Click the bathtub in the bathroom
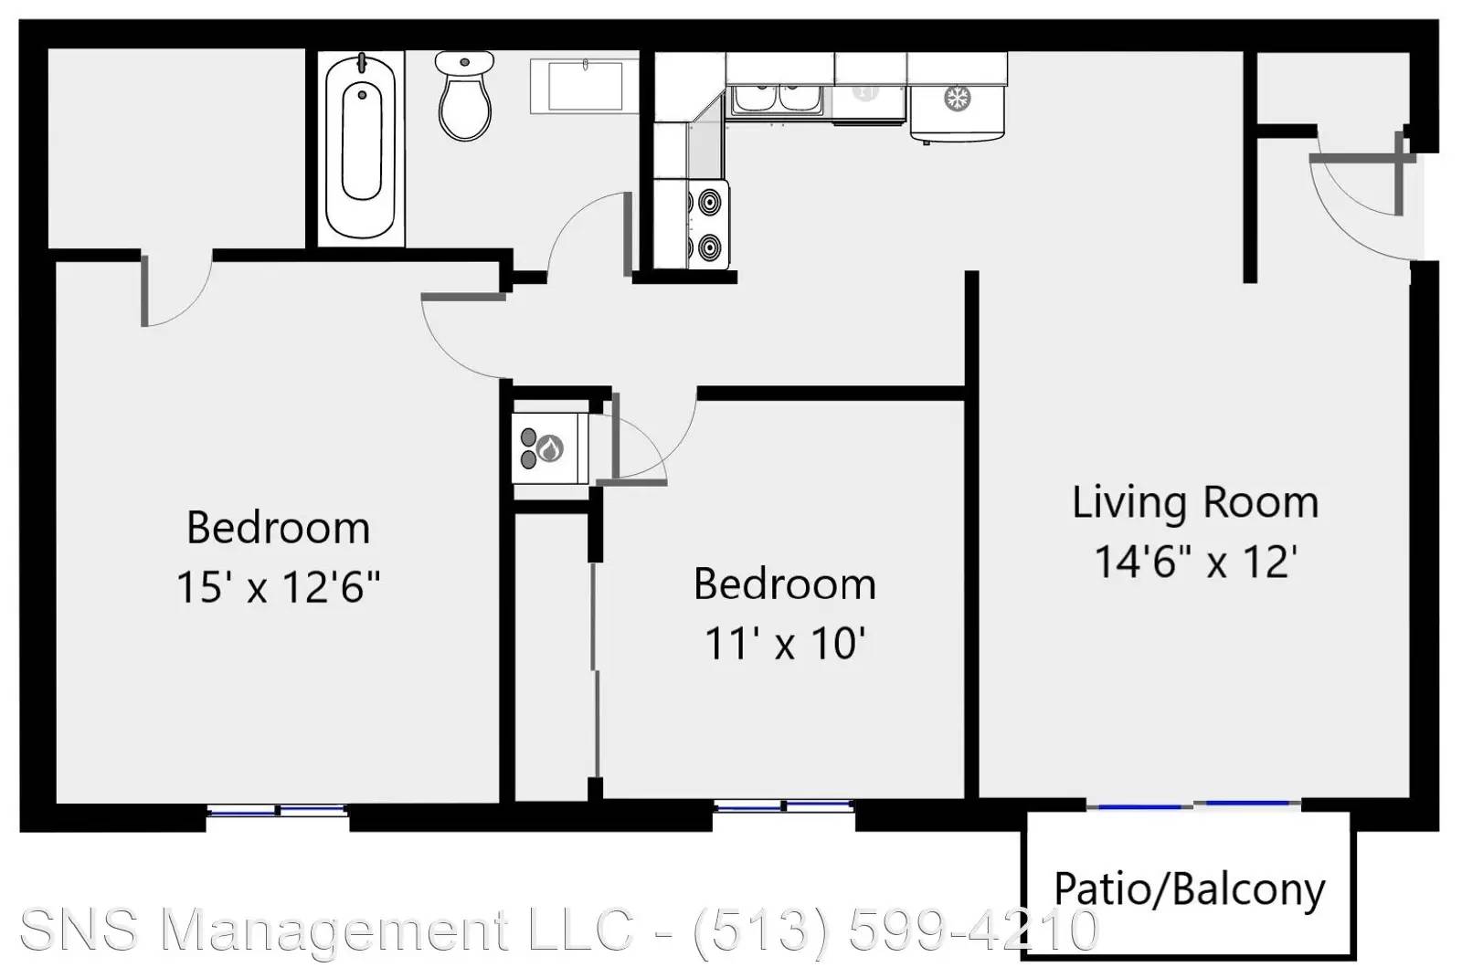tap(360, 147)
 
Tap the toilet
tap(465, 96)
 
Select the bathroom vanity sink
tap(585, 86)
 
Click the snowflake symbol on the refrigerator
tap(958, 99)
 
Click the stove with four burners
tap(709, 225)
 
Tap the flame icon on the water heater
tap(549, 448)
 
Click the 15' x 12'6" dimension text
tap(278, 586)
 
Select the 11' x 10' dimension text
tap(785, 643)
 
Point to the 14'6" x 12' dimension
tap(1196, 561)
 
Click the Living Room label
tap(1196, 503)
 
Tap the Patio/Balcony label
tap(1190, 889)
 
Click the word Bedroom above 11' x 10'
tap(785, 584)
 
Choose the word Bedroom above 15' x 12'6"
tap(278, 527)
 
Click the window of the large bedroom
tap(278, 810)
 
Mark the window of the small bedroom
tap(784, 805)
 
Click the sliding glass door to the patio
tap(1193, 805)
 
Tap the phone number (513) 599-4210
tap(896, 930)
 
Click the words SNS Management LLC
tap(326, 930)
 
